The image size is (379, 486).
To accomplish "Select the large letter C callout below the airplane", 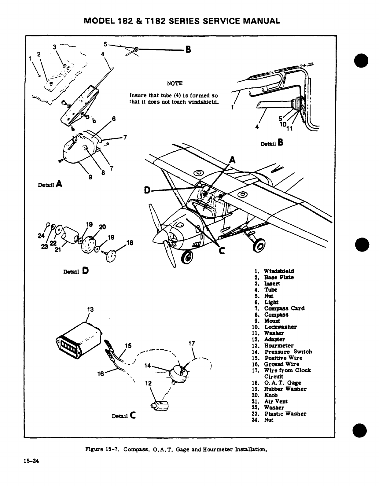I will tap(222, 251).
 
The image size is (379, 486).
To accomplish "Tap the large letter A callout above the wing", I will tap(232, 160).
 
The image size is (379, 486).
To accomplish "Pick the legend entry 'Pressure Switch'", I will tap(288, 352).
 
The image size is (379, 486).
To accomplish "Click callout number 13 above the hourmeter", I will tap(90, 309).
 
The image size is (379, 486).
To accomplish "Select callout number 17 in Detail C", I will tap(192, 343).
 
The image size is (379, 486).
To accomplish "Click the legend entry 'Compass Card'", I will tap(284, 308).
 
